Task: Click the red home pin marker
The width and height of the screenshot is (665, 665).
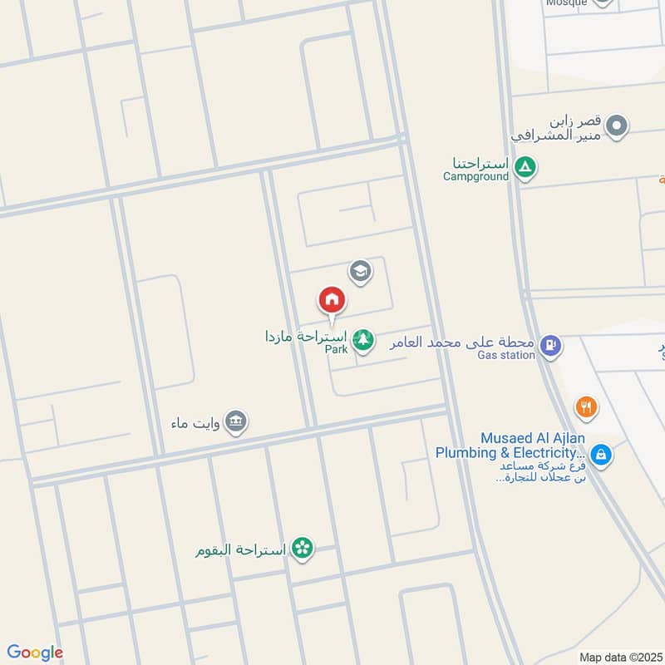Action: pos(332,299)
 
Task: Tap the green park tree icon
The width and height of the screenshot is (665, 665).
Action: pos(362,339)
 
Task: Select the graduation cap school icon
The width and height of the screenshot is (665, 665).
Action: pos(360,270)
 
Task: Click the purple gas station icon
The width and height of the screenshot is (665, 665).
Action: pos(549,344)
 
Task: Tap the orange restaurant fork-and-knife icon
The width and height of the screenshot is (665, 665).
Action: pos(587,407)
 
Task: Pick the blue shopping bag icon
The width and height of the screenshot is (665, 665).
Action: pos(602,455)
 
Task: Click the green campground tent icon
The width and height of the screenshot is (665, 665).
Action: pos(525,169)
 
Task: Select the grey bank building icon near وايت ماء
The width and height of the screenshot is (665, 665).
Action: pos(236,421)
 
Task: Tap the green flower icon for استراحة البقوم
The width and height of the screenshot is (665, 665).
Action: pos(302,548)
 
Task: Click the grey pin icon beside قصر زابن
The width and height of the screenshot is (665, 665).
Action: pos(617,127)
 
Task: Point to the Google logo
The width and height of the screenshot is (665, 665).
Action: pos(35,653)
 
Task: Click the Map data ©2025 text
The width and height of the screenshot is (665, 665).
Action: pos(618,657)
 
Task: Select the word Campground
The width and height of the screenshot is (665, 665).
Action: pos(475,176)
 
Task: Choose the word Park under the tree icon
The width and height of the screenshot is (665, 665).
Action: pos(336,350)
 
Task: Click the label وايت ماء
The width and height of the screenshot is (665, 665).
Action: pos(196,421)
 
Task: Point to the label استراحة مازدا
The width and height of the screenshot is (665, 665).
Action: pos(303,337)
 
